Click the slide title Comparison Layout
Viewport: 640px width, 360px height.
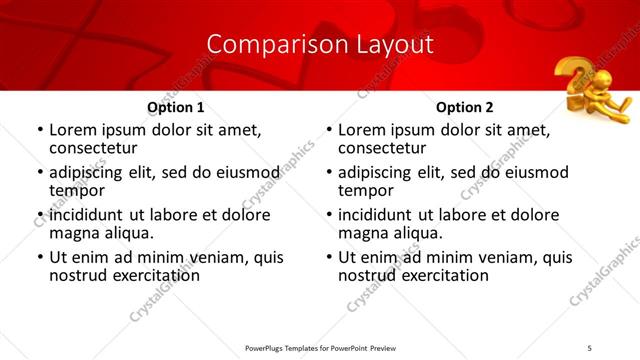320,45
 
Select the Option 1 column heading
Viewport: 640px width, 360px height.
176,107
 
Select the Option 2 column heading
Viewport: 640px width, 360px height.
465,107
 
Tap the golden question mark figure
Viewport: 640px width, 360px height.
592,90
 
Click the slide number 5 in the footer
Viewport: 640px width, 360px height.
590,347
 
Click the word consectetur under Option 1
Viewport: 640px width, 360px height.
92,147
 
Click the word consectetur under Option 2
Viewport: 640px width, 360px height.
381,147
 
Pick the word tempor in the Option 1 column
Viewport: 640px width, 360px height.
77,190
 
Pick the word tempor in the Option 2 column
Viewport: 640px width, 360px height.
366,190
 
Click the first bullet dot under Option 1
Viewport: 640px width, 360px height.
39,130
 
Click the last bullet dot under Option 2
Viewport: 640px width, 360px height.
328,258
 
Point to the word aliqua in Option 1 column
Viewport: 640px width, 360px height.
127,233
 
